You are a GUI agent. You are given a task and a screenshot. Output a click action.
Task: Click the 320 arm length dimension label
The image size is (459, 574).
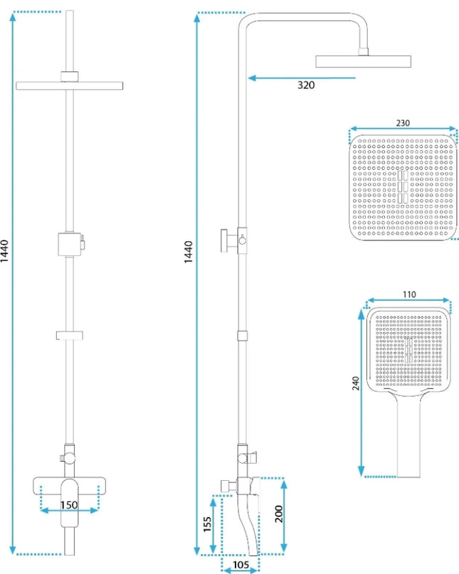(x=306, y=85)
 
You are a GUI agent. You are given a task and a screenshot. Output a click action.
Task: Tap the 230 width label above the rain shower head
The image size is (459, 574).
(x=403, y=123)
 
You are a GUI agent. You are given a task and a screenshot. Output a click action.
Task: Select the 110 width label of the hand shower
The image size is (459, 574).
(x=409, y=294)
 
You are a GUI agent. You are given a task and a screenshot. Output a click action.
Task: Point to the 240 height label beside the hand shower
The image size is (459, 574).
(x=356, y=383)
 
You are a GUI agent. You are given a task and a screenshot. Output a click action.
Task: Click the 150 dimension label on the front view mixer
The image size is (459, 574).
(x=69, y=505)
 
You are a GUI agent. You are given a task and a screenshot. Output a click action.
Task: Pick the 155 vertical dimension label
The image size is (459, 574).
(x=207, y=524)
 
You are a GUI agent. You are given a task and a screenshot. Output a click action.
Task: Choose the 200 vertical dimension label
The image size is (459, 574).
(x=279, y=514)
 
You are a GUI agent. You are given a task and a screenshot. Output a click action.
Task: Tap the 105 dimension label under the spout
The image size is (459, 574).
(x=241, y=565)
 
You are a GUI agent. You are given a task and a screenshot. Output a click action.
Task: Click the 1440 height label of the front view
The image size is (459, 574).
(x=4, y=251)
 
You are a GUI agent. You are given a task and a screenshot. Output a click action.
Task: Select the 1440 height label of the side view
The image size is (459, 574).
(x=188, y=252)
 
